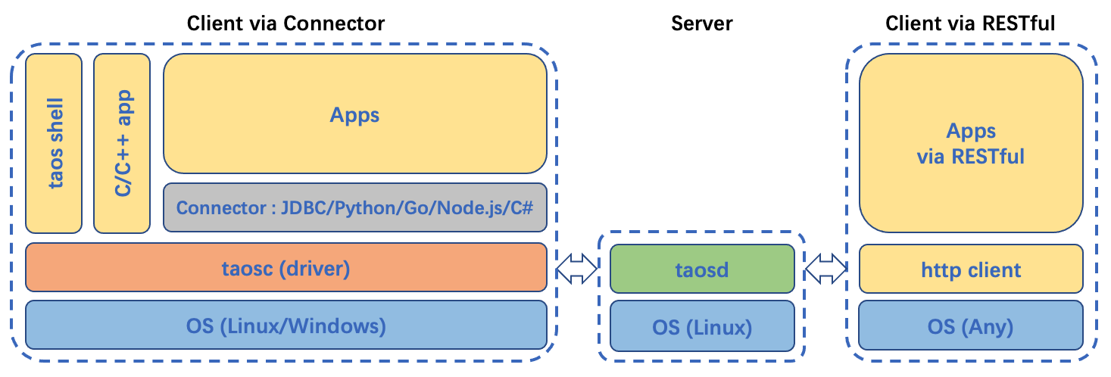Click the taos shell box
coord(54,143)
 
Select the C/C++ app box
coord(121,143)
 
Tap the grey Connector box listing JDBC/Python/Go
coord(354,207)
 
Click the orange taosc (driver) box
coord(286,267)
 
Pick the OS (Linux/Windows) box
coord(286,326)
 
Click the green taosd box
coord(702,269)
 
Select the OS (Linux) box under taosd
coord(702,326)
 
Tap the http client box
coord(971,269)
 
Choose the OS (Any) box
coord(971,326)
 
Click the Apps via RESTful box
coord(971,143)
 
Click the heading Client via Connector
coord(286,23)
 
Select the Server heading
coord(702,23)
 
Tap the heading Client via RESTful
coord(970,23)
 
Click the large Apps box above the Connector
coord(354,114)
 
